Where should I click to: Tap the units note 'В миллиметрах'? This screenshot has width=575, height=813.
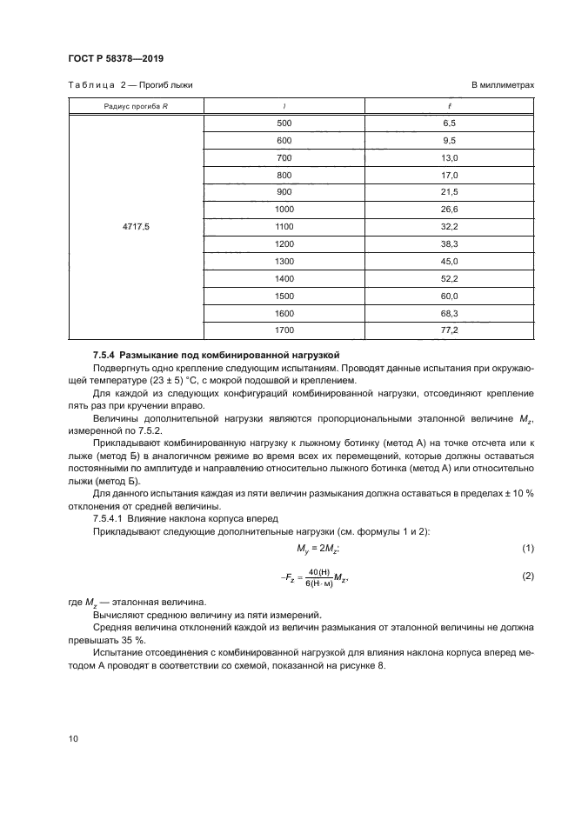point(502,86)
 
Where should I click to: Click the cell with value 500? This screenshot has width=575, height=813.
point(284,123)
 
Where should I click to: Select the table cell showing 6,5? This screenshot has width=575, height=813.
point(450,123)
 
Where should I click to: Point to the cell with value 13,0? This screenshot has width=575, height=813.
point(450,157)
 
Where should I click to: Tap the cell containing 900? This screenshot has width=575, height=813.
point(284,191)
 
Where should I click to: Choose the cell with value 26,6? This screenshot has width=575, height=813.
point(450,209)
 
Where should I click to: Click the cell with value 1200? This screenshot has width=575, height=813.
point(284,243)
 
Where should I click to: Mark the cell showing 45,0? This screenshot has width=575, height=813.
point(450,260)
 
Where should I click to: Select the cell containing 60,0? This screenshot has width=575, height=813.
point(450,294)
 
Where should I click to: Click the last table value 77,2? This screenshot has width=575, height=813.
point(450,330)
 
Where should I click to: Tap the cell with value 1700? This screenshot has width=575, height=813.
point(284,330)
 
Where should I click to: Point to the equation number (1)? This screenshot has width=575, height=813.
point(526,546)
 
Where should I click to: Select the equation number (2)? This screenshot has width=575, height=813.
point(526,576)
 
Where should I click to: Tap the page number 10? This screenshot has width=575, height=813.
point(73,738)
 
